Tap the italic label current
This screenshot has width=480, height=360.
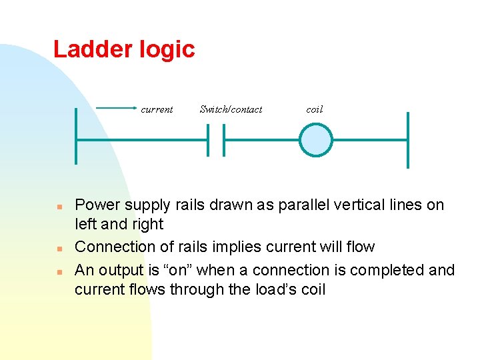(x=157, y=109)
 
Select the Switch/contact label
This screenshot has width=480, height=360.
(x=231, y=109)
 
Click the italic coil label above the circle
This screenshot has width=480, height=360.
(x=314, y=109)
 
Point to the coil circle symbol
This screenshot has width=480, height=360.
(x=315, y=141)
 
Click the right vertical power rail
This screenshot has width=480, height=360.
(x=407, y=140)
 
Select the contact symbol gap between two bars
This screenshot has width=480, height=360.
(x=216, y=141)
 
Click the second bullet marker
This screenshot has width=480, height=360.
(x=59, y=248)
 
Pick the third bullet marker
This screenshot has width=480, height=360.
(x=59, y=271)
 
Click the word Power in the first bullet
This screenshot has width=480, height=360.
(x=96, y=205)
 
